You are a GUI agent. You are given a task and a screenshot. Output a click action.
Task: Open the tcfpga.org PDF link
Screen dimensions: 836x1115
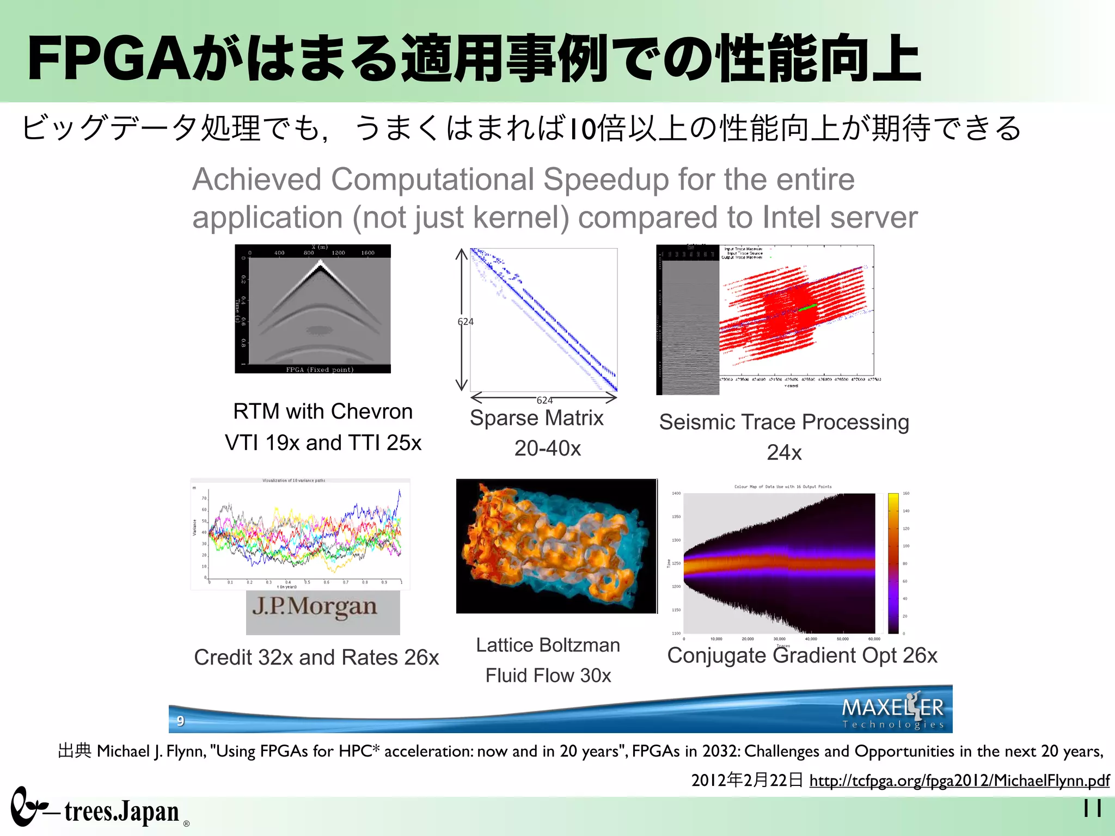[x=959, y=780]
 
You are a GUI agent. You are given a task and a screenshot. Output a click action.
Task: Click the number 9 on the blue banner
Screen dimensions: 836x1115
[x=181, y=721]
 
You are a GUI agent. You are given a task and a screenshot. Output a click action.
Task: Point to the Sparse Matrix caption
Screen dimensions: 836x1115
[x=536, y=418]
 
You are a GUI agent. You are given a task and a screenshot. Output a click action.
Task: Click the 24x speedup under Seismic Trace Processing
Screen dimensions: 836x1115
[x=784, y=452]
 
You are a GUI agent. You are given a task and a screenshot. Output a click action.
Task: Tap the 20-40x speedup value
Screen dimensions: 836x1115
[x=547, y=448]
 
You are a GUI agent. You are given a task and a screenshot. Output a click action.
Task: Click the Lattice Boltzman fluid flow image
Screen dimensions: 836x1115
[x=556, y=546]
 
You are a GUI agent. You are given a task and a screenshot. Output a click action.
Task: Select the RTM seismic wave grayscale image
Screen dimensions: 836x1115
[x=313, y=309]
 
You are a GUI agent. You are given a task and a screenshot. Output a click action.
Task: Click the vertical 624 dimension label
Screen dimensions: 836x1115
[x=465, y=322]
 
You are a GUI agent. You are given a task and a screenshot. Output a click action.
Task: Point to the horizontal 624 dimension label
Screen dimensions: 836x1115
[x=544, y=400]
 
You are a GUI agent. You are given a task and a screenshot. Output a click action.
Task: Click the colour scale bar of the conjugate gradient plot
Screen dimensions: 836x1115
[x=893, y=563]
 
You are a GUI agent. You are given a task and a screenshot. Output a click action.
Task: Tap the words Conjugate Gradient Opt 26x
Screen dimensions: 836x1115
[x=802, y=655]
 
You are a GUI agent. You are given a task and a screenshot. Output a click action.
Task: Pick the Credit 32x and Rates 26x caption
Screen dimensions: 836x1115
[x=316, y=657]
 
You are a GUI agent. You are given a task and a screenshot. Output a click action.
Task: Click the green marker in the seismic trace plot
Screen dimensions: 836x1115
[x=807, y=308]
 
